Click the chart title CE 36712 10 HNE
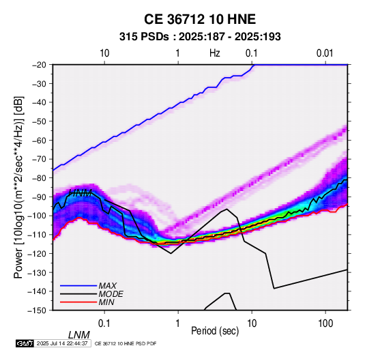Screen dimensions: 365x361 (200, 19)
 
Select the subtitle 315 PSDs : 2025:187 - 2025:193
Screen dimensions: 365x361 (200, 37)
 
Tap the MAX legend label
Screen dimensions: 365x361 (107, 285)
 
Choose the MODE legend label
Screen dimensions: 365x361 (111, 294)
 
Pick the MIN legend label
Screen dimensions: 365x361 (106, 302)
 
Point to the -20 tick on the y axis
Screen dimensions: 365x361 (39, 65)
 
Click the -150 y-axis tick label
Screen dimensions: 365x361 (37, 311)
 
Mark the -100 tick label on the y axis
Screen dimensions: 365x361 (37, 216)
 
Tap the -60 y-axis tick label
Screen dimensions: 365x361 (39, 140)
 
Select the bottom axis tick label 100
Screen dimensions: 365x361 (325, 323)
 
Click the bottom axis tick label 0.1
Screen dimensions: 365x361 (104, 323)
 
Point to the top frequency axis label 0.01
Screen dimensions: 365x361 (325, 53)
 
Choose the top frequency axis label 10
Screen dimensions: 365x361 (104, 53)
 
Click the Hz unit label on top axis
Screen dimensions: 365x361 (215, 53)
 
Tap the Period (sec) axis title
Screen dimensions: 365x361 (215, 331)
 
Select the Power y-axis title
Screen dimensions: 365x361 (18, 187)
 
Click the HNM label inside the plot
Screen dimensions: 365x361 (81, 193)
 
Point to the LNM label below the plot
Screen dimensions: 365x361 (79, 335)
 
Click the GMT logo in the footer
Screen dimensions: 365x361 (25, 343)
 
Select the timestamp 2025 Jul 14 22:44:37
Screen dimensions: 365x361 (62, 343)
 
